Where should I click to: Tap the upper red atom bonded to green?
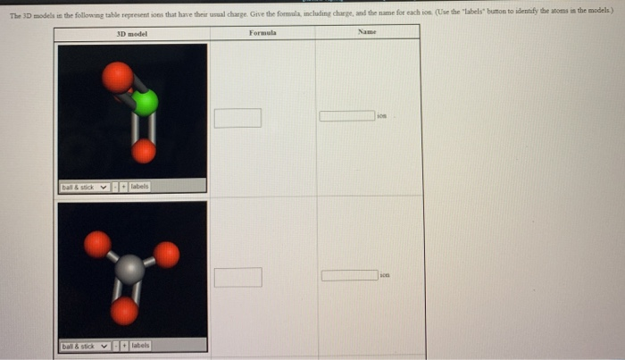[x=118, y=77]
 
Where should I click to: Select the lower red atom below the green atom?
[x=144, y=152]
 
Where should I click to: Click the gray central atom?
[x=130, y=269]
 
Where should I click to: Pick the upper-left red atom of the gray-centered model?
[x=98, y=243]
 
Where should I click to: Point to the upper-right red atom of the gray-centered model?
[x=166, y=255]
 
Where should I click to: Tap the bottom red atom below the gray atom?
[x=125, y=310]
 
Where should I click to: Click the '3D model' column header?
[x=131, y=33]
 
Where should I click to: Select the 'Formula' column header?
[x=262, y=33]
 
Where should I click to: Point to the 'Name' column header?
[x=367, y=33]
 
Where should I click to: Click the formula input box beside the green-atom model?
[x=237, y=118]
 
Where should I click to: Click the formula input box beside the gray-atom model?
[x=237, y=277]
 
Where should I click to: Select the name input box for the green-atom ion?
[x=347, y=116]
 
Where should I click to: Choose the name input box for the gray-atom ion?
[x=349, y=275]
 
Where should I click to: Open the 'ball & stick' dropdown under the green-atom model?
[x=85, y=187]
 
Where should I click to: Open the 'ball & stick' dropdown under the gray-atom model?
[x=85, y=346]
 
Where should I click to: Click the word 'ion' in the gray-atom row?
[x=384, y=276]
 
